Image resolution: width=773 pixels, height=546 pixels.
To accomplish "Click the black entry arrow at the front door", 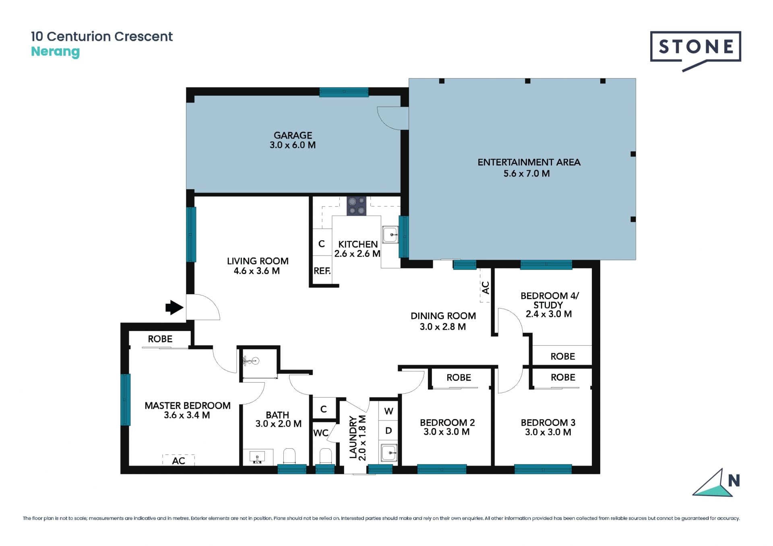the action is (x=174, y=307).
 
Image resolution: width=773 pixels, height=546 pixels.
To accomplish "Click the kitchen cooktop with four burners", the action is (x=357, y=206).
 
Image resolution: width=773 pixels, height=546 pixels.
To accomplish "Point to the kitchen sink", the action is (x=390, y=235).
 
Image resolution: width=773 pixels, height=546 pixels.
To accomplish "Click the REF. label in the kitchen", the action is (x=322, y=271).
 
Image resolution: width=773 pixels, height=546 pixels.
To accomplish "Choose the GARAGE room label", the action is (x=293, y=135).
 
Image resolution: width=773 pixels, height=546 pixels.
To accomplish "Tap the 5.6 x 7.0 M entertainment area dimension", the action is (x=527, y=173).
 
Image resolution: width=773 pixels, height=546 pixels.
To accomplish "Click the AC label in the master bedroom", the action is (x=178, y=461).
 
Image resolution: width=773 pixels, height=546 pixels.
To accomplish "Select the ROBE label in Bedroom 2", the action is (x=459, y=377).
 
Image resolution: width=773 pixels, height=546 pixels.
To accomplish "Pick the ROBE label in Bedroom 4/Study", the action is (x=562, y=356).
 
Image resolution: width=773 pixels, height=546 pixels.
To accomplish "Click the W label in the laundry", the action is (x=389, y=411).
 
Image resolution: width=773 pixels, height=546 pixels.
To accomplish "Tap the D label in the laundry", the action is (x=389, y=431).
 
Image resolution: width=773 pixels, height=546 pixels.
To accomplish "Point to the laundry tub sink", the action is (x=389, y=453).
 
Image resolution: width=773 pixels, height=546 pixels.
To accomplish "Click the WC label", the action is (x=321, y=433).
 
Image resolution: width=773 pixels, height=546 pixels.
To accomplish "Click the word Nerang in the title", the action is (x=55, y=52).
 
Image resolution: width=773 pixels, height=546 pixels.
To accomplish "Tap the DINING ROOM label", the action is (x=443, y=316).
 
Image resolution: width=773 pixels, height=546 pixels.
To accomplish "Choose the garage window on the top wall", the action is (x=344, y=92).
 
